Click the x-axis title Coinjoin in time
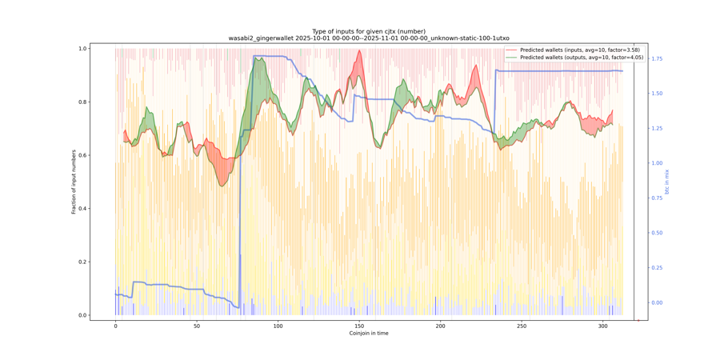[368, 334]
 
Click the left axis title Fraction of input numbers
[74, 182]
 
